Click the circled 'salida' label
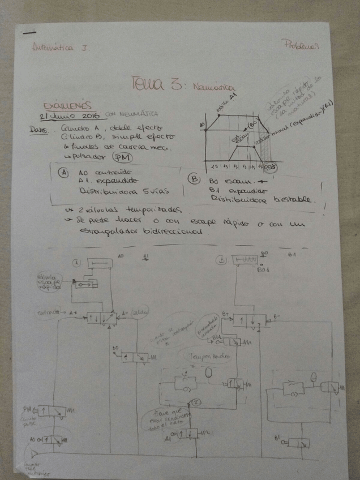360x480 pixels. (139, 312)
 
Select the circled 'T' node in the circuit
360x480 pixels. (196, 402)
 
